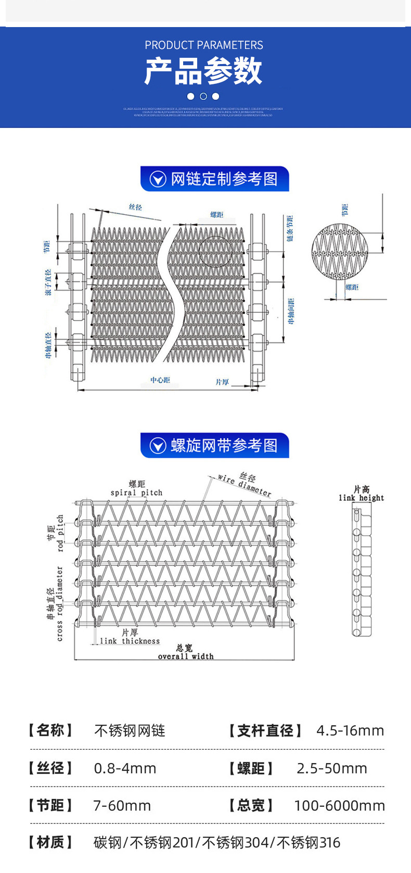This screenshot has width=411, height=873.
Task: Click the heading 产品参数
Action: [x=203, y=71]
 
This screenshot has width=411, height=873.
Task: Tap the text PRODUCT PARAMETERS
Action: [x=204, y=45]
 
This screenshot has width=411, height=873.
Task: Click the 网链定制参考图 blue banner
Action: [x=214, y=179]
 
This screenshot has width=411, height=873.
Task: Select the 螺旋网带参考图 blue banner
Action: [x=214, y=446]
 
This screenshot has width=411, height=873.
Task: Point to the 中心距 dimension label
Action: [x=160, y=381]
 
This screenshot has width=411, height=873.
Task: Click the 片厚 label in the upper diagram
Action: [x=222, y=382]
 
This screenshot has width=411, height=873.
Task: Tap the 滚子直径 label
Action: [x=48, y=283]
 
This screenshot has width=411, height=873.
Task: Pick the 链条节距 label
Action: [x=290, y=228]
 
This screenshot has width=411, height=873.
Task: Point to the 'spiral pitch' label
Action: [x=136, y=492]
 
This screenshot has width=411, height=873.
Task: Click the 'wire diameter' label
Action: [x=245, y=485]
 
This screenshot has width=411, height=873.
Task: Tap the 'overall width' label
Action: [x=186, y=656]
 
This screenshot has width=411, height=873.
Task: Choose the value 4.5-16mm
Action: [x=350, y=731]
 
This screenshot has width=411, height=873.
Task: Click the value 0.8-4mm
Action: [x=125, y=768]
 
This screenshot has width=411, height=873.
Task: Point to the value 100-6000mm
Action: [x=339, y=806]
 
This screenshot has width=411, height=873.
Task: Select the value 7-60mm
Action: [x=122, y=806]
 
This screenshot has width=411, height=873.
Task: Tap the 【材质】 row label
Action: [x=50, y=842]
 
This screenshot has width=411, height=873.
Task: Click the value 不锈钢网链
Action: [x=130, y=731]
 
